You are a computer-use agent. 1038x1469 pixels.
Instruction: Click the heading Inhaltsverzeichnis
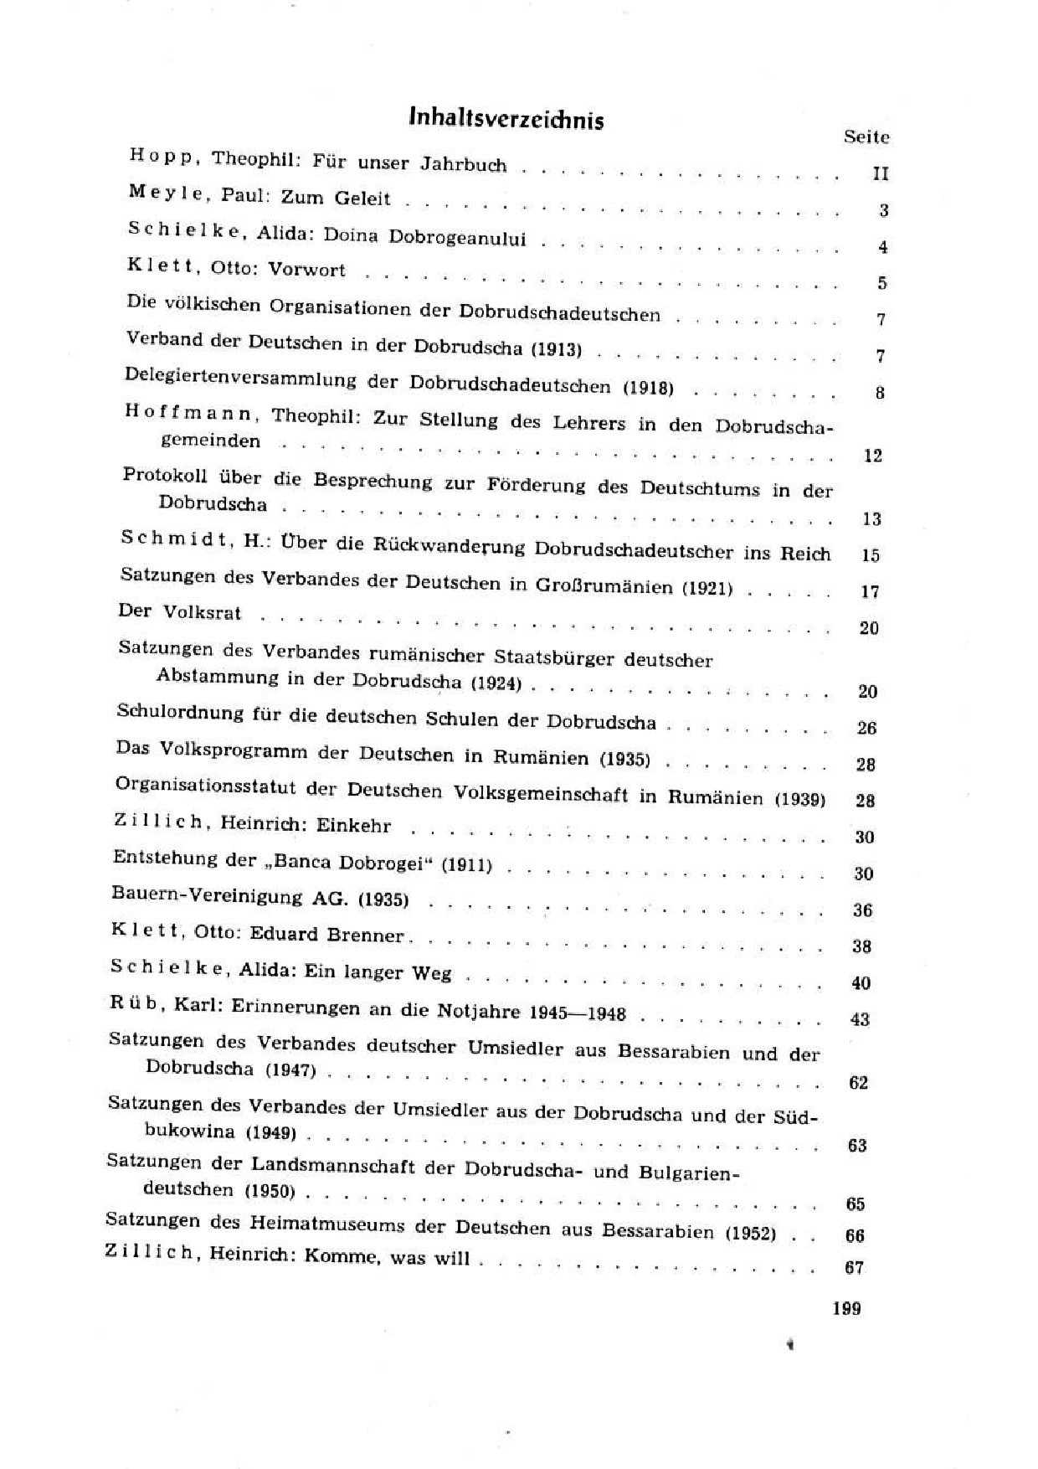click(x=506, y=120)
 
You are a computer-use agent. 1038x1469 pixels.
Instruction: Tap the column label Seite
click(x=866, y=137)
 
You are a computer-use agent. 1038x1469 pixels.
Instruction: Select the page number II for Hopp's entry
click(x=880, y=174)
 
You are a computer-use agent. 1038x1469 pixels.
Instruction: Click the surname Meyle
click(x=166, y=193)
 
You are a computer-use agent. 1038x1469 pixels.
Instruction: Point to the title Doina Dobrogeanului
click(x=424, y=237)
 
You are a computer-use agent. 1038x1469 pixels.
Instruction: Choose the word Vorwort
click(x=306, y=271)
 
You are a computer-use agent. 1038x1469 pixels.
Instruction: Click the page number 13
click(x=871, y=519)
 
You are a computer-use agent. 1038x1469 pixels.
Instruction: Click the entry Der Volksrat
click(x=179, y=612)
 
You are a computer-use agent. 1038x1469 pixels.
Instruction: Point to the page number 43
click(x=860, y=1020)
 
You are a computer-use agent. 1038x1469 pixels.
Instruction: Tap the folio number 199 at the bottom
click(x=847, y=1308)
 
